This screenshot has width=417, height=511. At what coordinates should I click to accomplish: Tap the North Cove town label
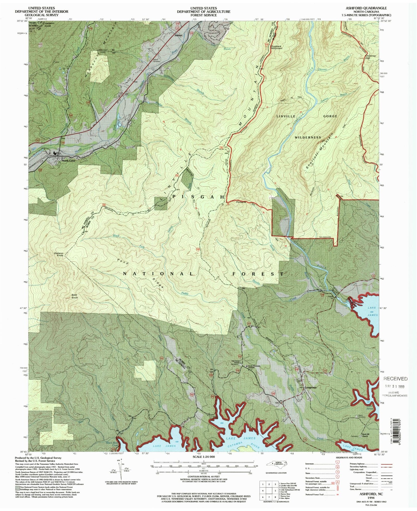[x=68, y=161]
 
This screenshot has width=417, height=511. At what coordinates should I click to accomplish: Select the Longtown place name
[x=311, y=387]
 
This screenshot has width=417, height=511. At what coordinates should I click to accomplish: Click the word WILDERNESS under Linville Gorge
[x=308, y=137]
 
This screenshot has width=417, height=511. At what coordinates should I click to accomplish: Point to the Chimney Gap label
[x=371, y=57]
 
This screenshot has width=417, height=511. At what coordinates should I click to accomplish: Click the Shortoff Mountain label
[x=319, y=151]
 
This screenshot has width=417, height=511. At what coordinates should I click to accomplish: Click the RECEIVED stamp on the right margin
[x=396, y=379]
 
